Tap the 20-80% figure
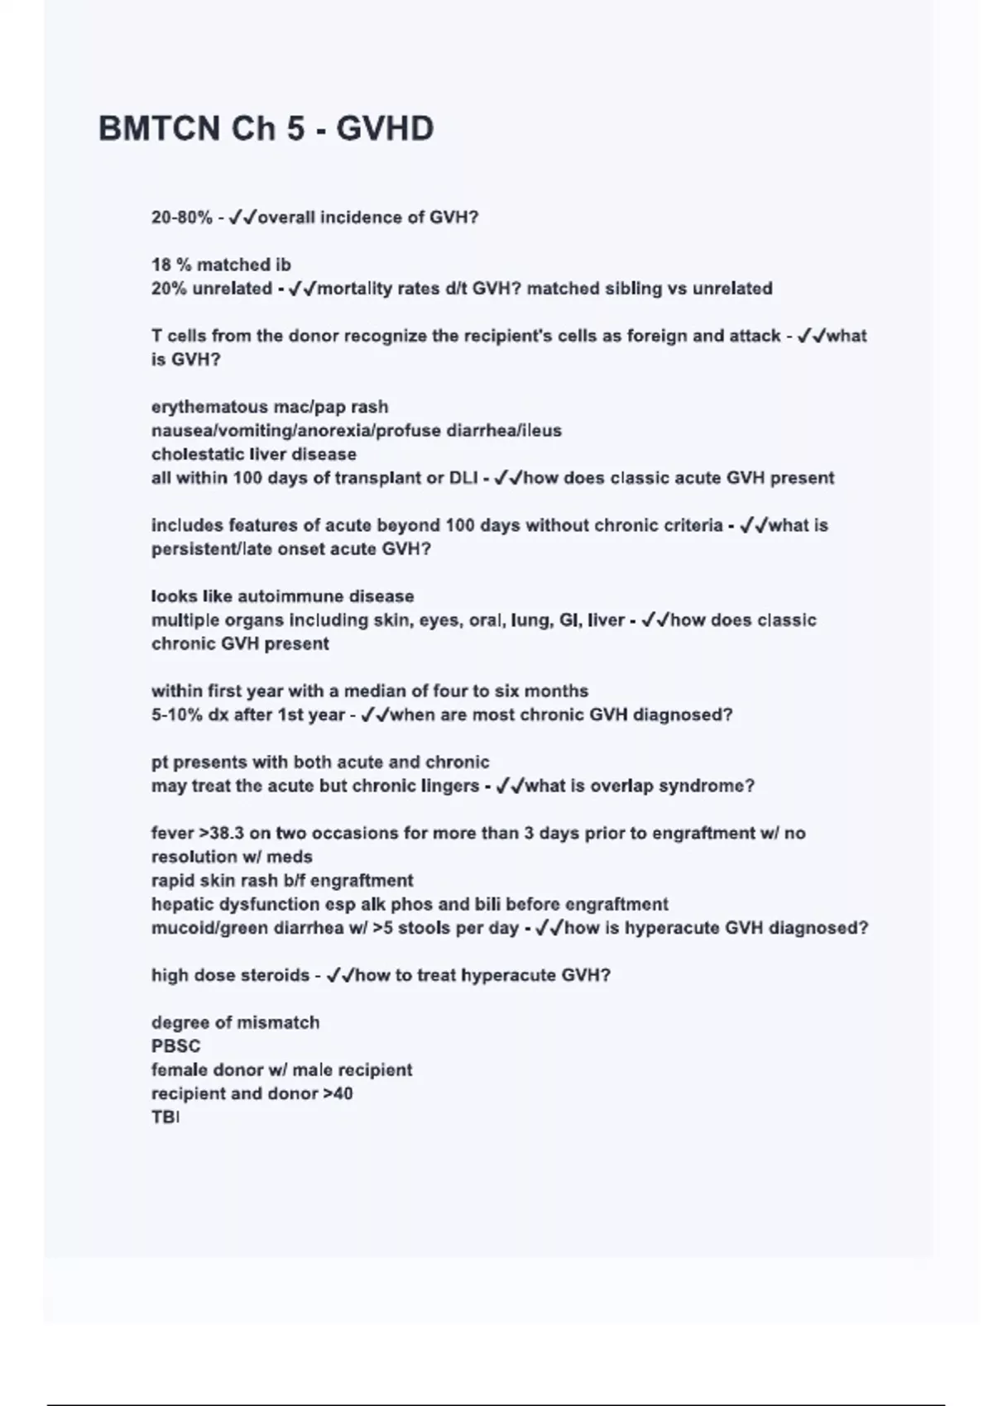[181, 218]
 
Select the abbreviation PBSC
[175, 1046]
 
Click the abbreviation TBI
[165, 1117]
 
